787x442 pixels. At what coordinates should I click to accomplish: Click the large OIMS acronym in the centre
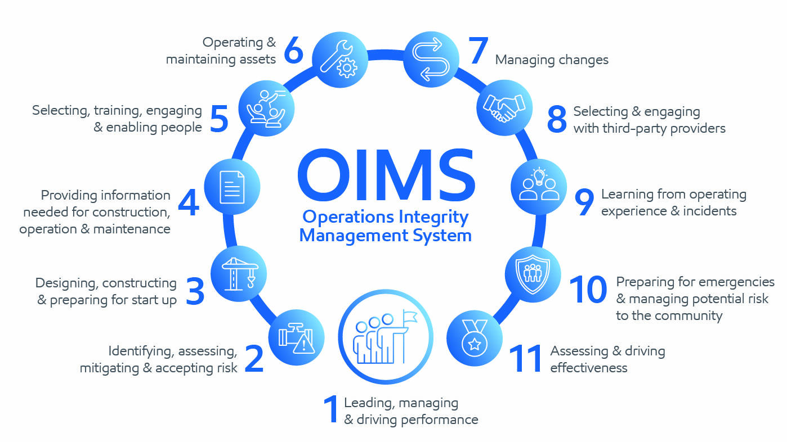(387, 174)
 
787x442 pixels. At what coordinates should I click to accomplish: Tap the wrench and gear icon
(340, 59)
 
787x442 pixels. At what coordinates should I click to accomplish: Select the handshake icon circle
(504, 108)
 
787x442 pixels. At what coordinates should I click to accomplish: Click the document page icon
(232, 187)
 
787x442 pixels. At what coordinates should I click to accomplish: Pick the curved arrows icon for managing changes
(431, 60)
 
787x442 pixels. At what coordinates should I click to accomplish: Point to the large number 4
(189, 202)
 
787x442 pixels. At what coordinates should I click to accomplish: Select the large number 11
(525, 358)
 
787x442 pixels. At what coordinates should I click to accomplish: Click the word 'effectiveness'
(589, 368)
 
